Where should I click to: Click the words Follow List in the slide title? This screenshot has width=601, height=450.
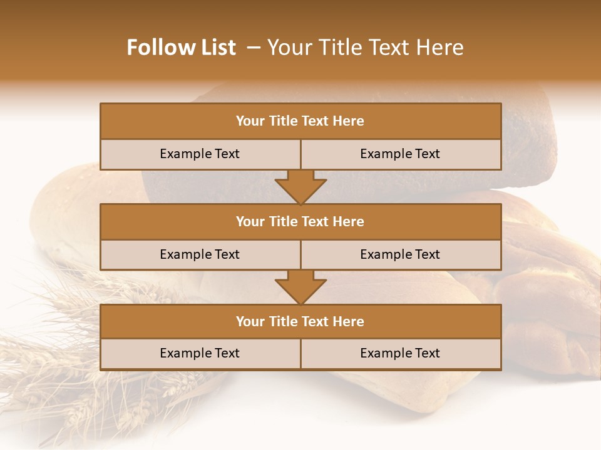pos(182,47)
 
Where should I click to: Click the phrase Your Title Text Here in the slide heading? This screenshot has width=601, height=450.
pos(366,47)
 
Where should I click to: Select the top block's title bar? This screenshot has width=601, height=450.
pos(300,121)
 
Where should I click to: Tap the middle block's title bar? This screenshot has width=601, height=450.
pos(300,222)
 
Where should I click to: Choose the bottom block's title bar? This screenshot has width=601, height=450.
pos(300,322)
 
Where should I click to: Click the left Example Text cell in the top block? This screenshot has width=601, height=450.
pos(200,154)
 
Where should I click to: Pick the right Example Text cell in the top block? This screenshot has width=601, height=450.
pos(400,154)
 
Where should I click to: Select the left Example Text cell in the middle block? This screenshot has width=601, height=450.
pos(200,254)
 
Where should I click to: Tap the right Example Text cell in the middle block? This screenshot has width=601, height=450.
pos(400,254)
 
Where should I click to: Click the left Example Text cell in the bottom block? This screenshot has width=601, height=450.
pos(200,353)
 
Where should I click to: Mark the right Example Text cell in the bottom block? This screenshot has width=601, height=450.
pos(400,353)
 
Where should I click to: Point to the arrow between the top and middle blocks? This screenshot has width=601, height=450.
pos(300,187)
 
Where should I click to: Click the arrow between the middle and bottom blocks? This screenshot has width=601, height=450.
pos(300,287)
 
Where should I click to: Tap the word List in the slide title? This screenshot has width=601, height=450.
pos(218,47)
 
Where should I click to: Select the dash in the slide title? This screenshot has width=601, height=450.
pos(254,47)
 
